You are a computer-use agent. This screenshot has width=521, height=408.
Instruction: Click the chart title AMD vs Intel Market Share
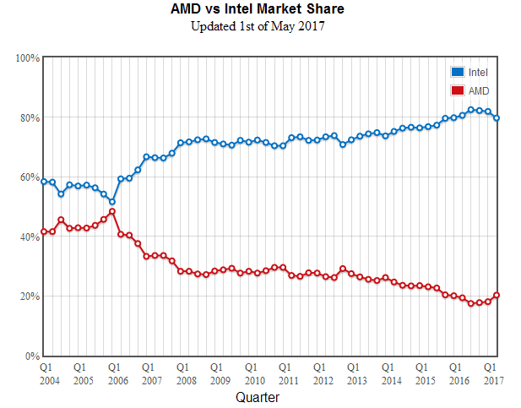(x=258, y=9)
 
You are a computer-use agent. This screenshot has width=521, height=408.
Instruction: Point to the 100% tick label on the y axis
(x=28, y=58)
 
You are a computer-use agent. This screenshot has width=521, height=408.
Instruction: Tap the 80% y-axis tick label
(x=30, y=118)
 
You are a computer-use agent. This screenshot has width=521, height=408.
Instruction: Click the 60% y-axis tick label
(x=30, y=177)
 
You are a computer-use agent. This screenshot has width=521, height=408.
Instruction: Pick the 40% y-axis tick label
(x=30, y=237)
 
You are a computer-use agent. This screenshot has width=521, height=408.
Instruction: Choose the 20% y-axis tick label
(x=30, y=296)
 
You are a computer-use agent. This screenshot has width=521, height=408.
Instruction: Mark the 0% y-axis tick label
(x=32, y=356)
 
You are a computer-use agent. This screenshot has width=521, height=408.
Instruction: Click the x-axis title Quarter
(x=258, y=396)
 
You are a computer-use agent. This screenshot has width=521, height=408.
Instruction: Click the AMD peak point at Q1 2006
(x=112, y=211)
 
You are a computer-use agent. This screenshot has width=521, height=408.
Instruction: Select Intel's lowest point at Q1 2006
(x=112, y=202)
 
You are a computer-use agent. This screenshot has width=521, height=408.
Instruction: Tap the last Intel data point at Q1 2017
(x=497, y=118)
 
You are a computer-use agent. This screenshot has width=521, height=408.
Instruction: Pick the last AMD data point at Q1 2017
(x=497, y=295)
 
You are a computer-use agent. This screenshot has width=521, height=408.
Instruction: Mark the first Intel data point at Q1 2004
(x=44, y=182)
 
